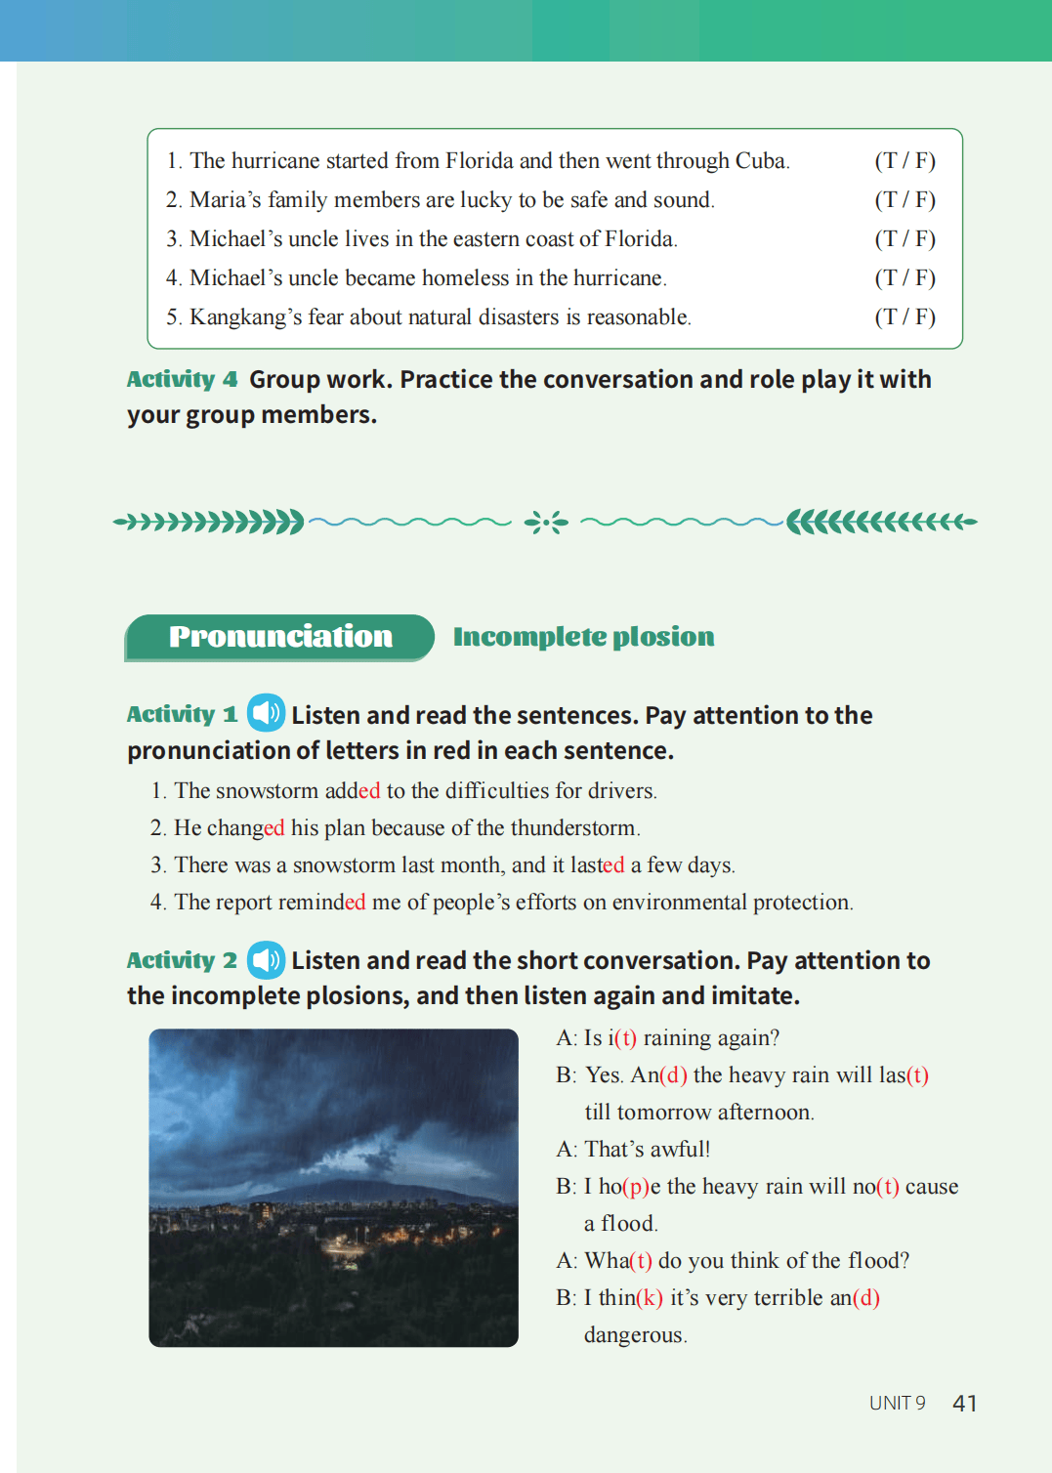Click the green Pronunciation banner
point(280,637)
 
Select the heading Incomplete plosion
point(583,637)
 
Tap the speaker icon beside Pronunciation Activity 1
point(266,713)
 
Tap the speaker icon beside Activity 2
point(266,960)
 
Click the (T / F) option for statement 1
point(905,160)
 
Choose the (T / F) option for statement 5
point(905,316)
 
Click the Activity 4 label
point(182,379)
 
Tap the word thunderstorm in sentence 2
point(572,828)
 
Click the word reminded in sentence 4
point(321,902)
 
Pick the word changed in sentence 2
point(244,828)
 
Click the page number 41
point(964,1404)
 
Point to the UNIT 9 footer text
point(897,1404)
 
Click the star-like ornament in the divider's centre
point(546,523)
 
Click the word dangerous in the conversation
point(634,1335)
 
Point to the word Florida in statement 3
point(639,238)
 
